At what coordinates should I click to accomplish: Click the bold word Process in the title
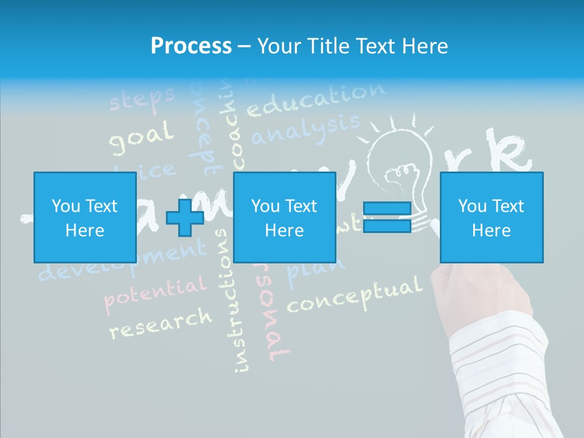[191, 46]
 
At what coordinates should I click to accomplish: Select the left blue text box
[85, 217]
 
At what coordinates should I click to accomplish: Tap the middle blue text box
[284, 217]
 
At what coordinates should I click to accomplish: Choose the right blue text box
[492, 217]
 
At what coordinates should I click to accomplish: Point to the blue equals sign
[387, 217]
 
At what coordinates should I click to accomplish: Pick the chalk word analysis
[305, 130]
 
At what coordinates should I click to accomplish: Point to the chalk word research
[161, 323]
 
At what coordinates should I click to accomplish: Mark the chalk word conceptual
[354, 295]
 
